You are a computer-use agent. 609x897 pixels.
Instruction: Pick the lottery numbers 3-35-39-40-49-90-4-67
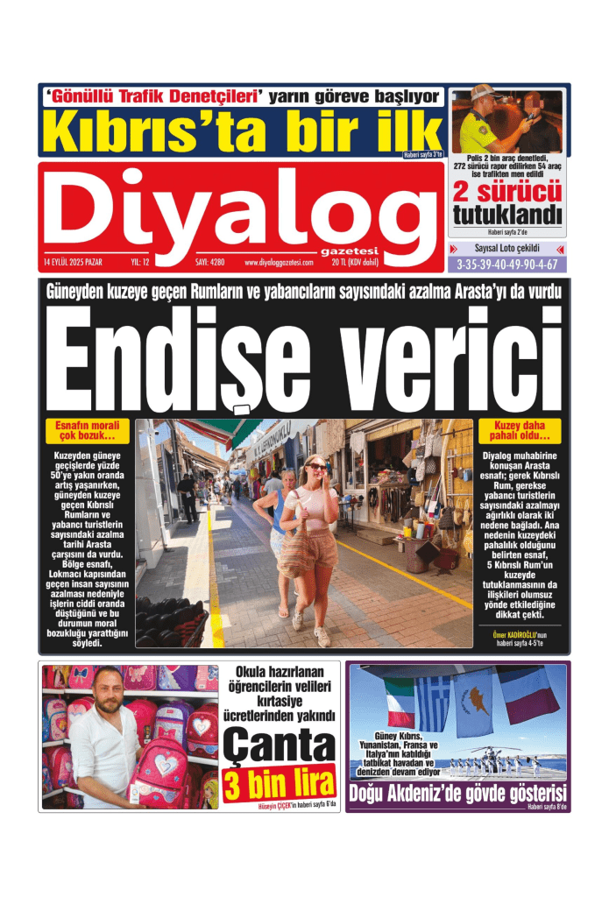coord(507,264)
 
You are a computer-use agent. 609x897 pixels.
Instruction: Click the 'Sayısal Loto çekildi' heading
coord(507,249)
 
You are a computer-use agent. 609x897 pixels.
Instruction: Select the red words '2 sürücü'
coord(506,191)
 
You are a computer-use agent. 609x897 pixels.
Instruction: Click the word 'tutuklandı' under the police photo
coord(506,214)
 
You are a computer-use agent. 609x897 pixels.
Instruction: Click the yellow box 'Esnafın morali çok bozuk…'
coord(85,431)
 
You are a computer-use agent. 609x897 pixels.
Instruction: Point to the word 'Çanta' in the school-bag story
coord(278,747)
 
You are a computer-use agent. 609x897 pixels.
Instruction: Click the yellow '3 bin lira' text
coord(278,784)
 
